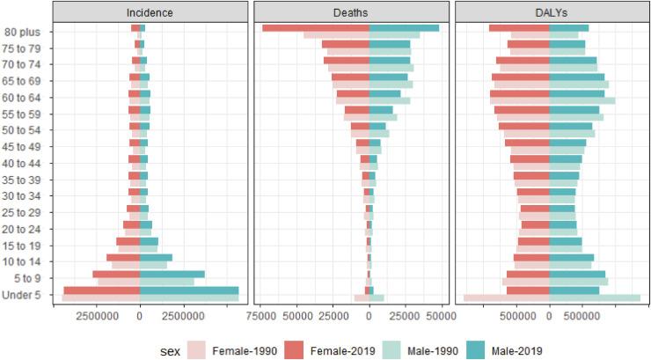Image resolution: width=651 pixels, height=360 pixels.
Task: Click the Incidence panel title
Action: click(x=149, y=12)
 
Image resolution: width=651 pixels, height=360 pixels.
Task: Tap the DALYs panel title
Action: click(x=550, y=12)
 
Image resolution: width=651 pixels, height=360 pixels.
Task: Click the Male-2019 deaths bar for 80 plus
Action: click(x=404, y=28)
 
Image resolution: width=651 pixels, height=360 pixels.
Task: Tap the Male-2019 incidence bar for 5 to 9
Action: click(x=172, y=275)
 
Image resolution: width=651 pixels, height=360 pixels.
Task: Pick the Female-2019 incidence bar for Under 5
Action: click(x=101, y=290)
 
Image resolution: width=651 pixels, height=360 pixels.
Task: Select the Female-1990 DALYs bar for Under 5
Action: click(x=506, y=298)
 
